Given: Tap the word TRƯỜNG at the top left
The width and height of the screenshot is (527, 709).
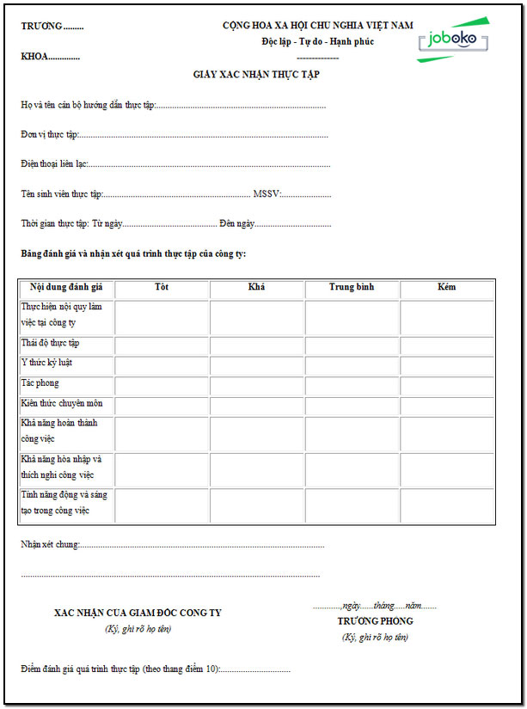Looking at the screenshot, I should [x=42, y=26].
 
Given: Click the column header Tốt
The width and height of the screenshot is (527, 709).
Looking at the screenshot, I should [x=162, y=287].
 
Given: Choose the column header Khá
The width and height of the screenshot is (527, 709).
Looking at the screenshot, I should [x=256, y=287].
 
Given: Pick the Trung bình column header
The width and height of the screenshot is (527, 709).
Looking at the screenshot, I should [x=352, y=287].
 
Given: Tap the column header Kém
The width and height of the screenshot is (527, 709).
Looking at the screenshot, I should [x=446, y=287].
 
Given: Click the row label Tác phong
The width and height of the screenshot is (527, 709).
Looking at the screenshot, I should [x=40, y=383].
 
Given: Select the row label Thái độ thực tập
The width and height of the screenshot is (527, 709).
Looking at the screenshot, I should [x=50, y=344].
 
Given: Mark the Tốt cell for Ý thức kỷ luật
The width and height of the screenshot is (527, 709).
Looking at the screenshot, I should [x=162, y=364].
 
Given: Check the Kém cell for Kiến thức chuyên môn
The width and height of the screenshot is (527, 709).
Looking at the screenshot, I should [x=446, y=403].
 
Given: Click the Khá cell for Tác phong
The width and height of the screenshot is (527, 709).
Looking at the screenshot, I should [x=256, y=384].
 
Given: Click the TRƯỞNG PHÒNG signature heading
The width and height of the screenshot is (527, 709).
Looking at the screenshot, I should [x=375, y=620].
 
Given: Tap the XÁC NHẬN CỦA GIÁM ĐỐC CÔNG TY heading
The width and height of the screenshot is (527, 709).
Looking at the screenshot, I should [x=138, y=613].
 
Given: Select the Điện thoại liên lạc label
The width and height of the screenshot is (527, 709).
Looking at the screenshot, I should [x=54, y=163].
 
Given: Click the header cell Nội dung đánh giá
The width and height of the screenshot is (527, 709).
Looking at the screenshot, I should [x=66, y=287].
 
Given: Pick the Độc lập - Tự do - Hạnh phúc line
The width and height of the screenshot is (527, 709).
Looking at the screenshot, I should [x=318, y=41].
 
